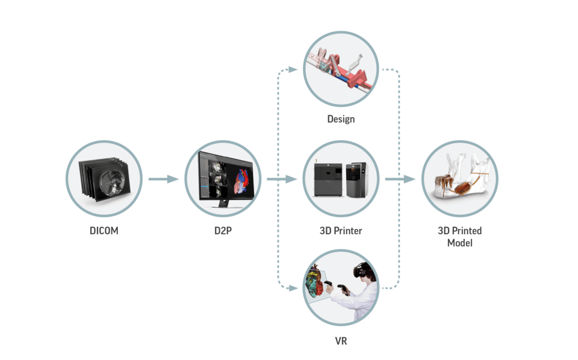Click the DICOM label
pos(104,231)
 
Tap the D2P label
pos(223,231)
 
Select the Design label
pos(341,119)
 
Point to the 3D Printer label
pos(341,231)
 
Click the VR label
pos(341,341)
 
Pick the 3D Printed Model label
pos(459,236)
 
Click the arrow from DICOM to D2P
pos(163,179)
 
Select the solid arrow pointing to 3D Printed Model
pos(400,179)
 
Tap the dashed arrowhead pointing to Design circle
pos(294,70)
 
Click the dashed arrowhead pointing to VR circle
pos(294,288)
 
